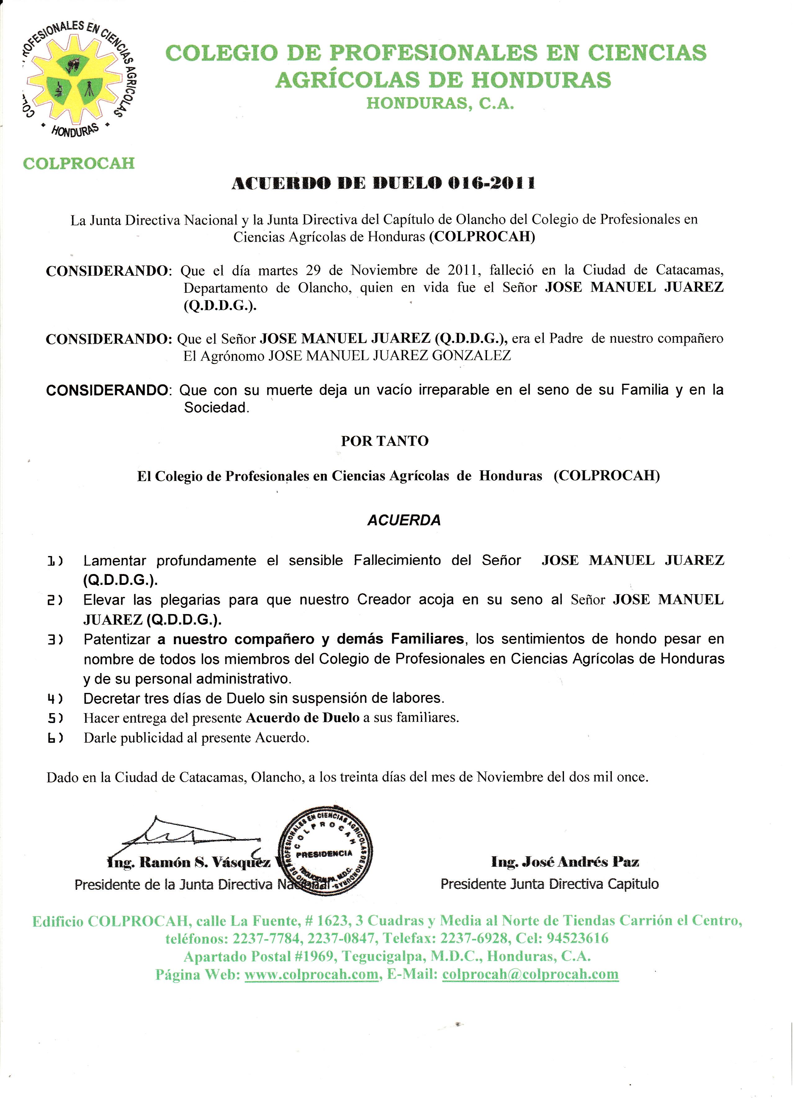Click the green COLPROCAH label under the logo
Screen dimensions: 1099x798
(x=79, y=163)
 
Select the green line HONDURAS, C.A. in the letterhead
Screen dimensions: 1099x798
(x=440, y=103)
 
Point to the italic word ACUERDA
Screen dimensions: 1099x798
(x=404, y=520)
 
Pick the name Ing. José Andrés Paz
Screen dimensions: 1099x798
(x=565, y=862)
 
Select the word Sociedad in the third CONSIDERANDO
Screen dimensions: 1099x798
(x=216, y=408)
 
